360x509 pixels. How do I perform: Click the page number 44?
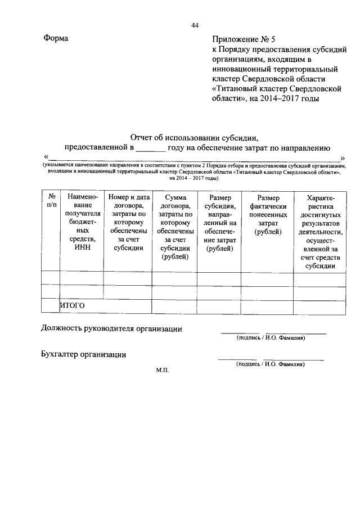click(x=195, y=25)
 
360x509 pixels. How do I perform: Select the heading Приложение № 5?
click(x=245, y=39)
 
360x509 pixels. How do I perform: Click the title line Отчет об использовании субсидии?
click(x=194, y=137)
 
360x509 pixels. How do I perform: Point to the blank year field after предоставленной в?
click(x=151, y=148)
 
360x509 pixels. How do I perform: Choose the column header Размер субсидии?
click(x=219, y=222)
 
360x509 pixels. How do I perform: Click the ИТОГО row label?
click(x=72, y=305)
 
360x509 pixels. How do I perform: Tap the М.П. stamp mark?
click(x=163, y=370)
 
